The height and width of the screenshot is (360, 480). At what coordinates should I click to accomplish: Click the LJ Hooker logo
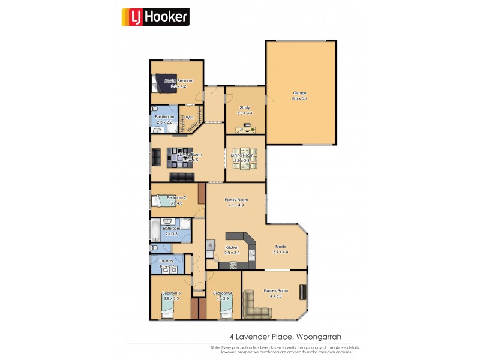[x=155, y=17]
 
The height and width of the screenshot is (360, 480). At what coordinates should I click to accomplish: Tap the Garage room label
[x=299, y=93]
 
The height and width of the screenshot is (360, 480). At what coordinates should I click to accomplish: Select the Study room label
[x=245, y=107]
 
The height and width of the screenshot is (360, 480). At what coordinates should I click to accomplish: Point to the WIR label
[x=190, y=118]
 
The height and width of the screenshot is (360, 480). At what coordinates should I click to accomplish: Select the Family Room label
[x=236, y=199]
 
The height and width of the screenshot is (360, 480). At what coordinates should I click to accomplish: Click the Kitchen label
[x=232, y=247]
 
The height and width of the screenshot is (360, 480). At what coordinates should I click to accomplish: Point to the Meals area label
[x=281, y=247]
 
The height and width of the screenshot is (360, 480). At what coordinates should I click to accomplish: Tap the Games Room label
[x=276, y=290]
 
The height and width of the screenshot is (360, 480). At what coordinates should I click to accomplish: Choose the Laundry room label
[x=166, y=261]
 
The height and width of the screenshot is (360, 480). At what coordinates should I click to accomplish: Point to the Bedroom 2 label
[x=176, y=197]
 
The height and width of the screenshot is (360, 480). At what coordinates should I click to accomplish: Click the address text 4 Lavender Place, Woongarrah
[x=285, y=337]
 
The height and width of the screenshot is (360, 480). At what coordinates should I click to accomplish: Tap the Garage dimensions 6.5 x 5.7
[x=299, y=98]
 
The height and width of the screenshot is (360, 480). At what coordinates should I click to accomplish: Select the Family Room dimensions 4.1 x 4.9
[x=236, y=205]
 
